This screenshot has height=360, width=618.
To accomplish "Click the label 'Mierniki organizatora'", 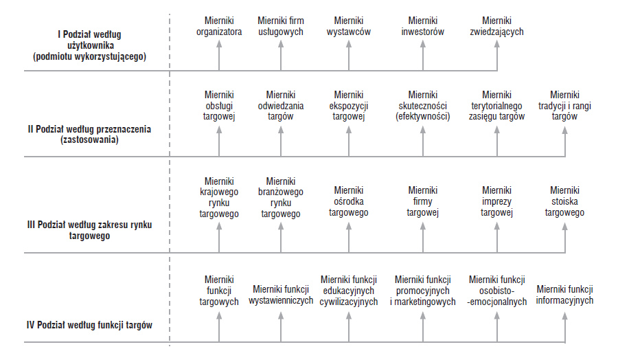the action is coord(219,26).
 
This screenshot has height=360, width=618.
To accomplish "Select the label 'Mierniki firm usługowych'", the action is coord(281,26).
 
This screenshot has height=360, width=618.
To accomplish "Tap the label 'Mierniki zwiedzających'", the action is coord(496,26).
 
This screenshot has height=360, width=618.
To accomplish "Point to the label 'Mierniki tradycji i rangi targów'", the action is coord(564,106).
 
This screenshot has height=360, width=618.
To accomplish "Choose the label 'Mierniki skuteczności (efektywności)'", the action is coord(422,106).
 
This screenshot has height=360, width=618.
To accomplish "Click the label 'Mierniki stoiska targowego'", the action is coord(564,201).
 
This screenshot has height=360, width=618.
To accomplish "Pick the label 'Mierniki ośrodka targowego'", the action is coord(348,201).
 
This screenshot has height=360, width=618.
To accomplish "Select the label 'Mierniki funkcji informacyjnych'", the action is coord(564,295).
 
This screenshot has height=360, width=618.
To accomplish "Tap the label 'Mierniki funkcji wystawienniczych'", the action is coord(281,295).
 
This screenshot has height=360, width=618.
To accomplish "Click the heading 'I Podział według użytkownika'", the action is coord(89,40).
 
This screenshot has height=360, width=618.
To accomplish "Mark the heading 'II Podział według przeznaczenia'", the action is coord(89,129).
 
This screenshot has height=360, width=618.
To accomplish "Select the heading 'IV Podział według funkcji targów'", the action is coord(89,325).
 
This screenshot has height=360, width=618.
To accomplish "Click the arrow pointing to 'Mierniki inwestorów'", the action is coord(423,56).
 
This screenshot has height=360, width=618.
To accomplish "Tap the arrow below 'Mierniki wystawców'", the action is coord(349,56).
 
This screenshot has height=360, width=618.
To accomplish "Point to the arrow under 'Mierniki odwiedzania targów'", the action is coord(281,141).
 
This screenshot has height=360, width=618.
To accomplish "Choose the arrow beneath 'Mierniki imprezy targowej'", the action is coord(497,238).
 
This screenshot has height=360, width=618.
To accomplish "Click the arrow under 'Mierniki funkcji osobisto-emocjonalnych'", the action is coord(497,327).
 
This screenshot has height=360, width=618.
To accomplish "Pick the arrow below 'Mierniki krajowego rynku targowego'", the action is coord(219,238).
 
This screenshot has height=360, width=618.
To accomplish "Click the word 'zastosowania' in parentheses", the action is coord(89,139).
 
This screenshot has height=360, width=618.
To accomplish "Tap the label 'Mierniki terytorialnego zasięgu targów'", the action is coord(496,106).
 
